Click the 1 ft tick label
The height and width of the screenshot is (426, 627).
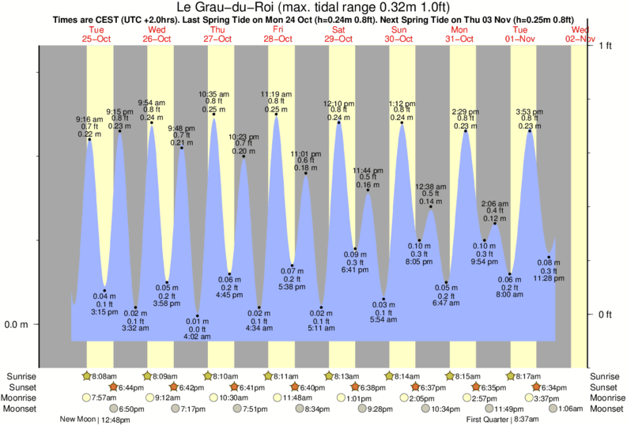pos(606,46)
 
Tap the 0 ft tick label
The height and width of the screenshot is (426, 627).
pos(606,315)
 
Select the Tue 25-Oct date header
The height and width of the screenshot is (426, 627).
pos(96,34)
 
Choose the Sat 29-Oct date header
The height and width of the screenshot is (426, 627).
pos(338,34)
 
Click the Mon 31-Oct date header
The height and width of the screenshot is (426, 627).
pos(459,34)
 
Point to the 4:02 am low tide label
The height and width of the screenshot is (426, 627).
pos(197,337)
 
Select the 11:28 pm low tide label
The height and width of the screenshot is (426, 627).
pos(549,278)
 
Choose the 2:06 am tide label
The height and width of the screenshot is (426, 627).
pos(494,203)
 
